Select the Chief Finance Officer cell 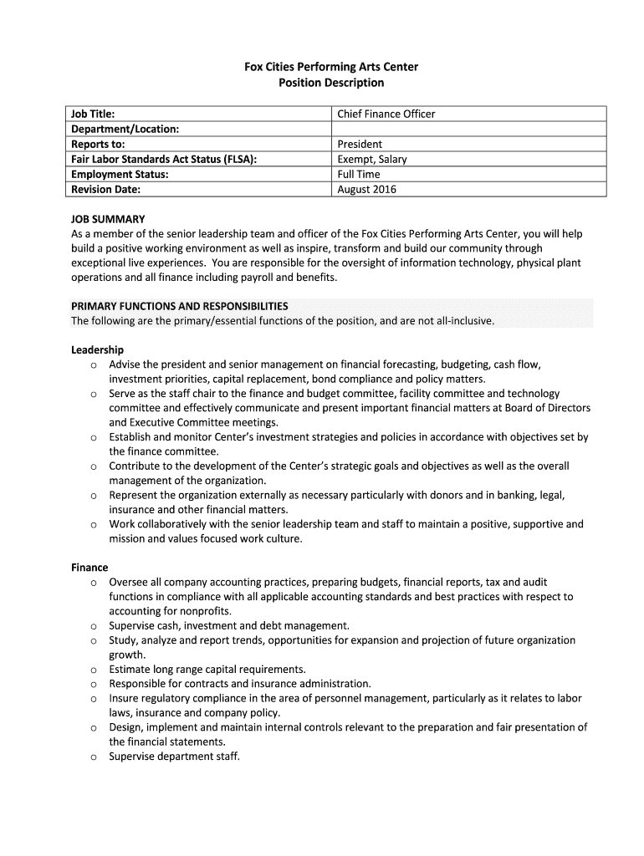(x=386, y=114)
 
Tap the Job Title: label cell (x=93, y=114)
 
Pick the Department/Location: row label (x=125, y=129)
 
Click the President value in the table (x=360, y=144)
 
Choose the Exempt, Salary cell (x=372, y=159)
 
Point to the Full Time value (x=359, y=174)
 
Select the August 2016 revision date (x=367, y=189)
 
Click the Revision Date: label (x=106, y=189)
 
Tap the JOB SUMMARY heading (x=108, y=219)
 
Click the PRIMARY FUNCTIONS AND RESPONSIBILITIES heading (x=180, y=306)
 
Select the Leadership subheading (x=97, y=349)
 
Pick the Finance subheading (x=89, y=568)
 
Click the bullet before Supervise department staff (x=94, y=757)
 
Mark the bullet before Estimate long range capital (x=94, y=670)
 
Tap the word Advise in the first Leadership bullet (x=125, y=364)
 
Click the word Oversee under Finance (x=130, y=582)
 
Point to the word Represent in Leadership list (x=135, y=495)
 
